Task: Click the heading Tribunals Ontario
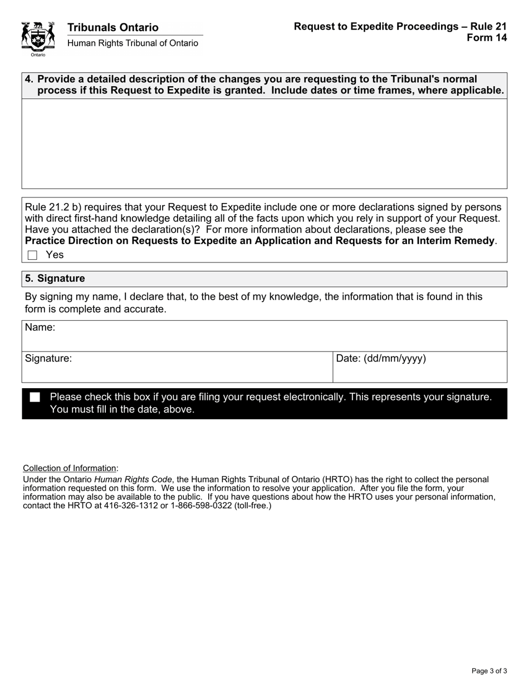pyautogui.click(x=113, y=27)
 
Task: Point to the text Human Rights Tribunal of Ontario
pyautogui.click(x=133, y=43)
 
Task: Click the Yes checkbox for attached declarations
pyautogui.click(x=32, y=255)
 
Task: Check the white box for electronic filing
pyautogui.click(x=35, y=397)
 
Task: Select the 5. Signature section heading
pyautogui.click(x=55, y=279)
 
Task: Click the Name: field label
pyautogui.click(x=40, y=328)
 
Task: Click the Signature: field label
pyautogui.click(x=48, y=359)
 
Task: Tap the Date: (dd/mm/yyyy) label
pyautogui.click(x=381, y=359)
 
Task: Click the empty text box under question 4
pyautogui.click(x=264, y=143)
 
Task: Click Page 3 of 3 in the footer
pyautogui.click(x=489, y=671)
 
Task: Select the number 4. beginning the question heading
pyautogui.click(x=29, y=79)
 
